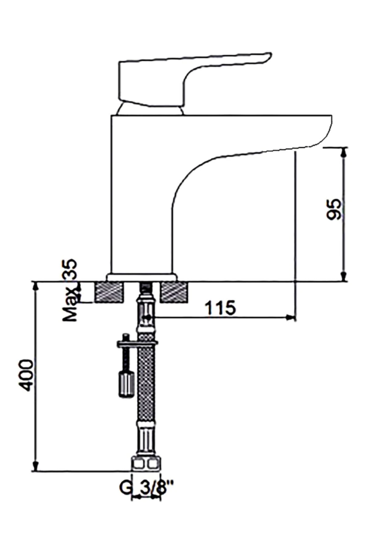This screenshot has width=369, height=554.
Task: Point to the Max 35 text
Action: pos(70,291)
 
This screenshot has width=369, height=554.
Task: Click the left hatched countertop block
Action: pos(110,292)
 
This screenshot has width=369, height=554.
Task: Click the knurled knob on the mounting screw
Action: pos(125,383)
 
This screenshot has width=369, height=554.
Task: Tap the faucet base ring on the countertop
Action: pos(142,277)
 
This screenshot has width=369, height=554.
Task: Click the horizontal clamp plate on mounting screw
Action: pos(137,342)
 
